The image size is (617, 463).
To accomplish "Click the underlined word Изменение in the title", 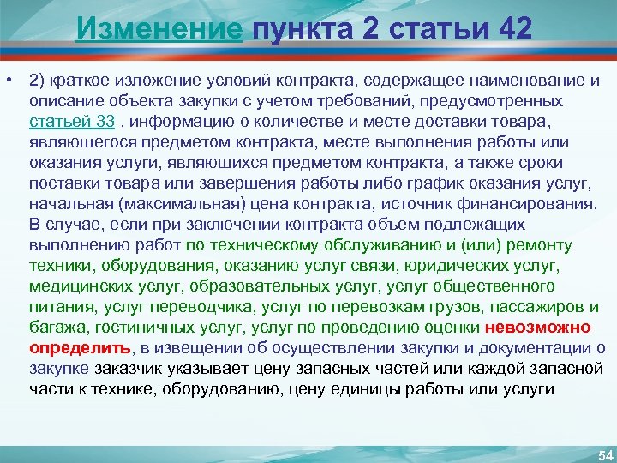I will [x=159, y=28].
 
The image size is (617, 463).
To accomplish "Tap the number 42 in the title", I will [x=506, y=28].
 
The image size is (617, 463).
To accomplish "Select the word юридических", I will [x=464, y=265].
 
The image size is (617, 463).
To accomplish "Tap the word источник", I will [x=411, y=203].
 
